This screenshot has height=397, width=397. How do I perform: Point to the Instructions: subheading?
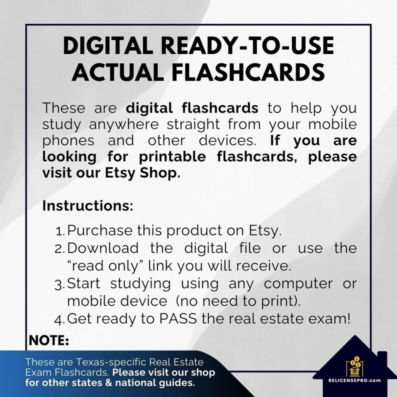point(87,205)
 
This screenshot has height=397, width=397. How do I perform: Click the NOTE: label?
point(49,340)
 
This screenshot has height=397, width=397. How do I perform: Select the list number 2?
point(59,248)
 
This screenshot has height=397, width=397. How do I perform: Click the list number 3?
point(59,283)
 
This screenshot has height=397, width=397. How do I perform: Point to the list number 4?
point(59,318)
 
